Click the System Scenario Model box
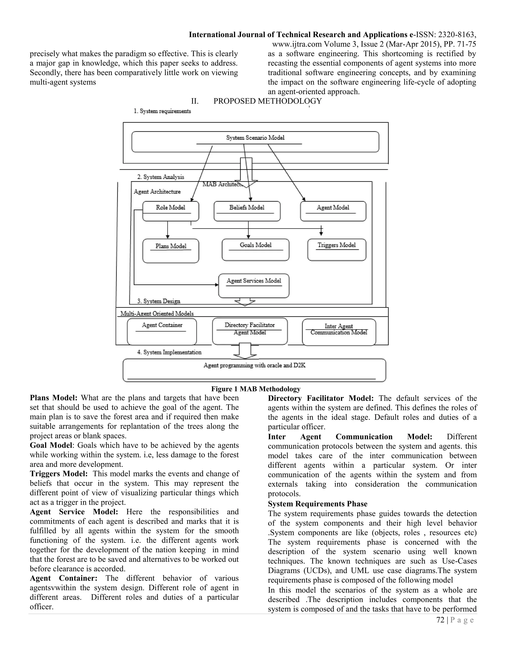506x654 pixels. [x=255, y=142]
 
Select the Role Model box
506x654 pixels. [x=170, y=211]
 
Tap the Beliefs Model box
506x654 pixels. [x=247, y=211]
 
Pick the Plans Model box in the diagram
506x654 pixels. [x=170, y=251]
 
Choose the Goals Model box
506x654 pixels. [x=255, y=250]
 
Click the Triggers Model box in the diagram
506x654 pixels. [x=337, y=250]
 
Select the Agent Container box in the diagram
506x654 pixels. [x=162, y=332]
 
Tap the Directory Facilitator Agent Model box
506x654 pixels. [x=250, y=331]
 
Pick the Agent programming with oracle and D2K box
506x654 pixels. [x=254, y=370]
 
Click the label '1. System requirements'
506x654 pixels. [x=162, y=111]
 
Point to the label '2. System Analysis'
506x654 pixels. [x=161, y=177]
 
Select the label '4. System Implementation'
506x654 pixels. [x=169, y=352]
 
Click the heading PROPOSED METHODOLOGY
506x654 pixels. [x=267, y=101]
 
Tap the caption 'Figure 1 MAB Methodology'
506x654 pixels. [x=256, y=389]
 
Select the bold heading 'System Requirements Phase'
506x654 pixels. [x=317, y=504]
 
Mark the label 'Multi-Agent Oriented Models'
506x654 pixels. [x=157, y=313]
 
